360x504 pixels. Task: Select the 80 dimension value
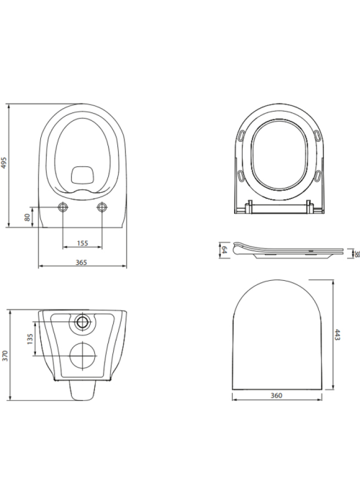click(x=27, y=217)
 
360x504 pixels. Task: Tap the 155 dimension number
click(x=83, y=243)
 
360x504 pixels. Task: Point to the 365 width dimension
click(x=81, y=263)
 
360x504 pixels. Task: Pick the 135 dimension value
click(x=30, y=339)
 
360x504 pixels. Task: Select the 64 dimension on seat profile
click(x=225, y=250)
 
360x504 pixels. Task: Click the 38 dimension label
click(x=356, y=254)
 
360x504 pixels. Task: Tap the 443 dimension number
click(x=337, y=334)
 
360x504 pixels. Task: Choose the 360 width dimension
click(x=276, y=395)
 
